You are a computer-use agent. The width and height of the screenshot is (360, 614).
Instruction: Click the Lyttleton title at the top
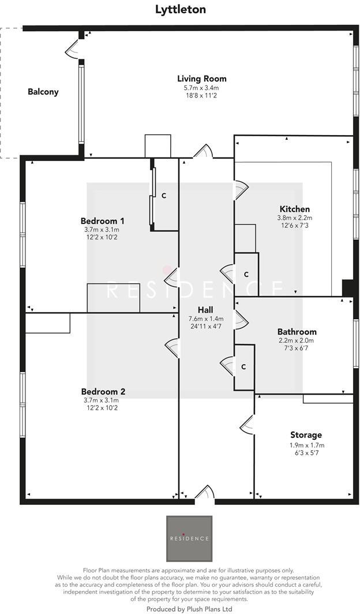click(180, 9)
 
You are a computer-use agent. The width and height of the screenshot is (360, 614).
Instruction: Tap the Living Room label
click(201, 78)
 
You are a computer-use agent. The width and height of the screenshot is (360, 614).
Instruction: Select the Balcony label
click(43, 92)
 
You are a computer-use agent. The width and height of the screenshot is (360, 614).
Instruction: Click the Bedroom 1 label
click(102, 221)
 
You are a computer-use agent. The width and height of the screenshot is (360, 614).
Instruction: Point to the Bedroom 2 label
click(103, 392)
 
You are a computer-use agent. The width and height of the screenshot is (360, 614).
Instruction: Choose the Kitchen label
click(294, 209)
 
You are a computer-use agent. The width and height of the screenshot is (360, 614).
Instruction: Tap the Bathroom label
click(297, 332)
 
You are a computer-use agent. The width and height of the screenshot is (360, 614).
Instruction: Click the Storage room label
click(306, 435)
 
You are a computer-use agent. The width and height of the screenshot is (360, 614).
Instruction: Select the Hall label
click(198, 309)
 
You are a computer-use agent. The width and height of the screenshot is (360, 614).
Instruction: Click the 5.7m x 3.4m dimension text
click(201, 88)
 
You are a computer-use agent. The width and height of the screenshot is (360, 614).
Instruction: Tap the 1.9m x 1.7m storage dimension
click(306, 445)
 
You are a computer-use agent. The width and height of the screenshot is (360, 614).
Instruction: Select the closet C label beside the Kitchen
click(246, 274)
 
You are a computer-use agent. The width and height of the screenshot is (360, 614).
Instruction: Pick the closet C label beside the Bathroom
click(244, 366)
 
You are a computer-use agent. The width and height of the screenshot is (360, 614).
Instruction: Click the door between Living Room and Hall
click(203, 152)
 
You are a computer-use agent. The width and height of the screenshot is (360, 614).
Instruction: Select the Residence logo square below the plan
click(189, 538)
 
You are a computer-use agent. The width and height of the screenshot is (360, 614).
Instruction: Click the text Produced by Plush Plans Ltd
click(189, 609)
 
